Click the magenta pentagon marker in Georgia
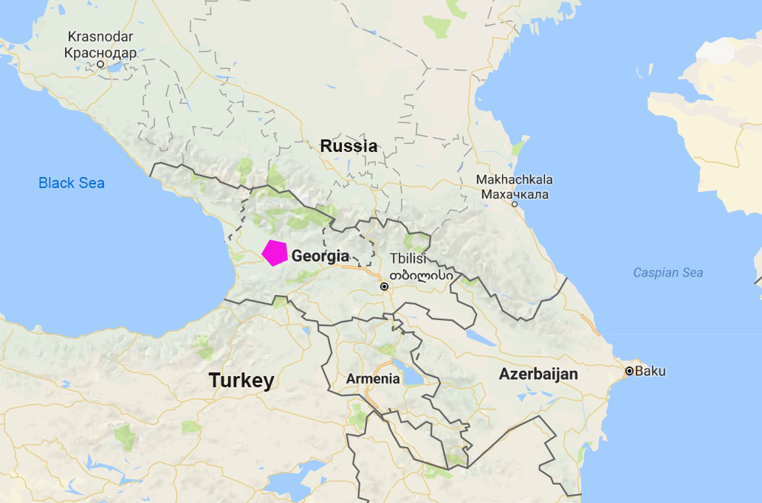[x=275, y=252]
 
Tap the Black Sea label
[x=72, y=183]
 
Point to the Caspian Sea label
[x=667, y=273]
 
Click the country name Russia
[x=349, y=146]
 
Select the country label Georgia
[x=320, y=257]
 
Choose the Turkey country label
[x=241, y=381]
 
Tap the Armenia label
[x=373, y=379]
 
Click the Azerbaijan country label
[x=538, y=374]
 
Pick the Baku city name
[x=650, y=371]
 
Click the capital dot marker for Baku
[x=629, y=371]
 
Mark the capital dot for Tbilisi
[x=384, y=286]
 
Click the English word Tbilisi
[x=408, y=259]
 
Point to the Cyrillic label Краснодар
[x=100, y=52]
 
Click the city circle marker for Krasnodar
[x=100, y=65]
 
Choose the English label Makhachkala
[x=514, y=180]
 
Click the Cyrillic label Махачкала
[x=515, y=194]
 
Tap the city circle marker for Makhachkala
[x=515, y=204]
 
